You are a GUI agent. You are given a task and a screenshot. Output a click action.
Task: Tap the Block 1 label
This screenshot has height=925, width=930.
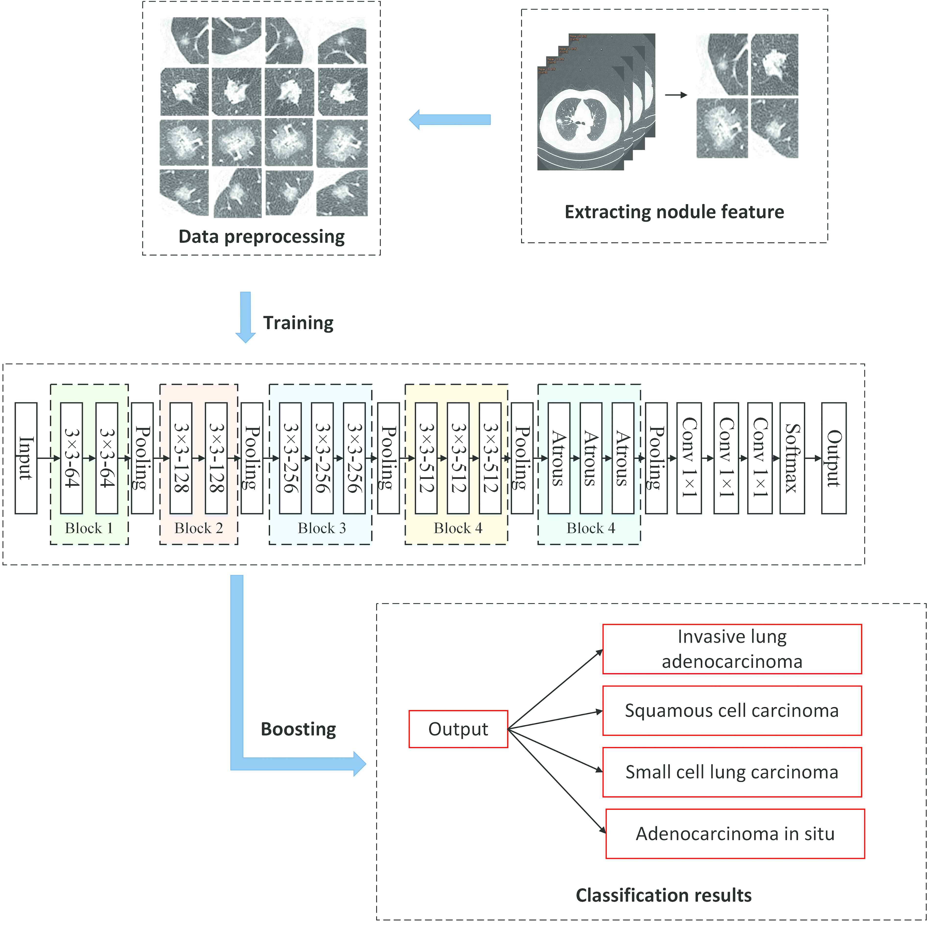click(x=89, y=528)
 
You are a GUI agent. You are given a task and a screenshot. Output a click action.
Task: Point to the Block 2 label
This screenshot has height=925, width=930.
click(x=198, y=528)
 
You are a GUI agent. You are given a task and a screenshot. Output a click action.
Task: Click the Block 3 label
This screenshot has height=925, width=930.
click(x=322, y=528)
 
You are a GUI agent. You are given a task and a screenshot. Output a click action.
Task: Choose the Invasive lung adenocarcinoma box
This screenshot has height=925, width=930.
click(x=732, y=649)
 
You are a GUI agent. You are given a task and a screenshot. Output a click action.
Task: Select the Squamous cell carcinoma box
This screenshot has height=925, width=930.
click(x=732, y=711)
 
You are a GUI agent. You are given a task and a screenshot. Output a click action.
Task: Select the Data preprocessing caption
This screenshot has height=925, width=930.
click(x=261, y=236)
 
